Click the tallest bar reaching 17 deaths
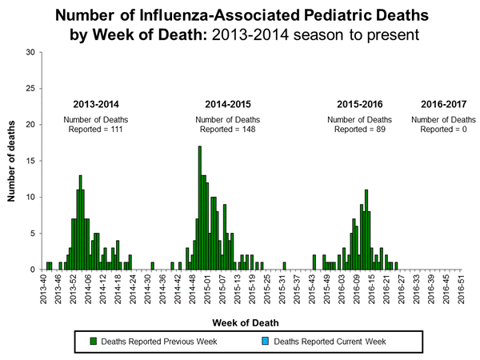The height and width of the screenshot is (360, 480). [199, 208]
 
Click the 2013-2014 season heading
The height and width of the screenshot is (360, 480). [97, 104]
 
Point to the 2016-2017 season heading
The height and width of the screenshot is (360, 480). [443, 104]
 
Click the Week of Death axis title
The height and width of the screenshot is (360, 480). [251, 322]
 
